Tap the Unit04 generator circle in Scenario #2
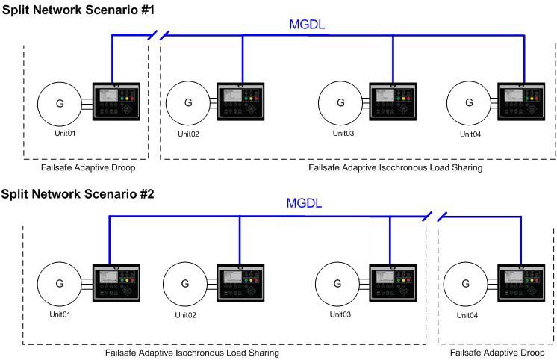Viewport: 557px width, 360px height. (466, 284)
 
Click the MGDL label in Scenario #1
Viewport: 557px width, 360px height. (308, 25)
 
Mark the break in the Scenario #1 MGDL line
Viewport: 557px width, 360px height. (158, 34)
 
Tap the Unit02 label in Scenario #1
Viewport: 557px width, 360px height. (188, 134)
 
